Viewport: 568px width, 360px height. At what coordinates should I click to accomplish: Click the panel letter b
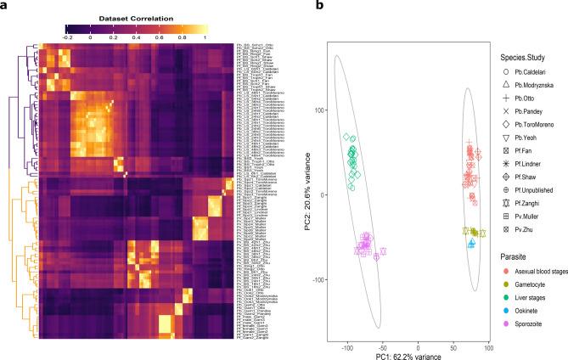click(x=296, y=7)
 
